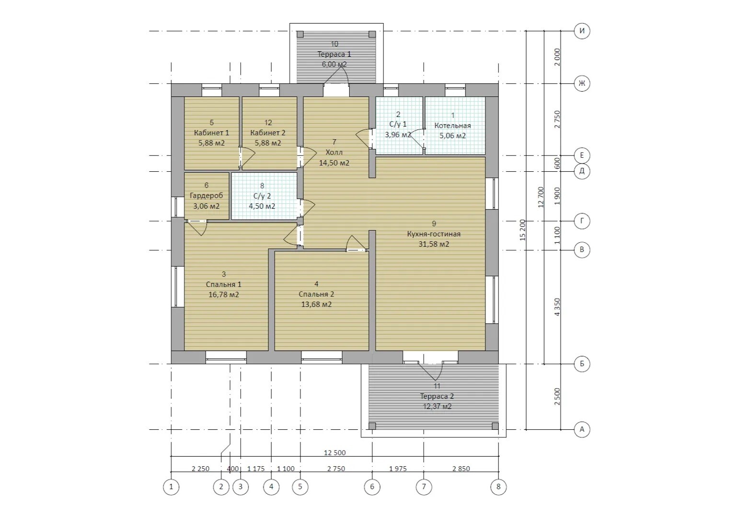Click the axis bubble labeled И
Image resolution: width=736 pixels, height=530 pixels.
click(582, 31)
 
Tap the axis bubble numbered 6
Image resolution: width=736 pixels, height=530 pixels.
click(372, 486)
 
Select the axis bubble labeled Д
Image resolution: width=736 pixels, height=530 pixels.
click(582, 171)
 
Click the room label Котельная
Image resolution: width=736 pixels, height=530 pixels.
click(452, 126)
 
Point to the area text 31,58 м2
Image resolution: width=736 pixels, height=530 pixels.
click(434, 244)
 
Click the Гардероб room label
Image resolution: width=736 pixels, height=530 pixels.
click(207, 195)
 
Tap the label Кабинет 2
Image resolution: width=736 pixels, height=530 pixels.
click(268, 133)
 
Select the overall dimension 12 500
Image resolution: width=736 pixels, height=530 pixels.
click(335, 453)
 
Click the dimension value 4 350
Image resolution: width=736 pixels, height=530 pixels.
click(557, 307)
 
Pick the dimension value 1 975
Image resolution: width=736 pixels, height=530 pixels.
click(398, 469)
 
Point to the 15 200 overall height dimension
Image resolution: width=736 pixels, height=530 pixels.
click(523, 230)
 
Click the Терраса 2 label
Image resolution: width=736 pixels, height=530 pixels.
click(437, 396)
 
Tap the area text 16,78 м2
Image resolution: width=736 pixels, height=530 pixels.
click(224, 294)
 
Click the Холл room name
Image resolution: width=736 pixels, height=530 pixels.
click(334, 153)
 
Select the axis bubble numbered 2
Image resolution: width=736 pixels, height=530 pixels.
click(221, 486)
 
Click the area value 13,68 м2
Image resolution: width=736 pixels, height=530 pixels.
click(316, 304)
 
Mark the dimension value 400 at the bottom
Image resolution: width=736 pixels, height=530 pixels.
click(233, 469)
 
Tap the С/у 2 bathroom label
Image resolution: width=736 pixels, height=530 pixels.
click(262, 196)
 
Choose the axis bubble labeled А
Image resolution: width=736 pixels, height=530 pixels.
click(582, 429)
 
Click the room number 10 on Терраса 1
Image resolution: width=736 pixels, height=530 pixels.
click(334, 44)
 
